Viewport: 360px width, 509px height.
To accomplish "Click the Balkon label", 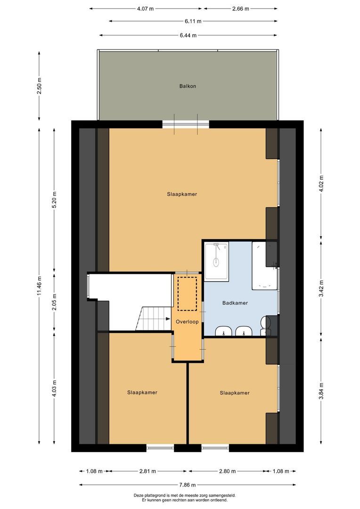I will [x=187, y=86].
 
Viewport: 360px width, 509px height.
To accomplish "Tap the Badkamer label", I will [x=235, y=303].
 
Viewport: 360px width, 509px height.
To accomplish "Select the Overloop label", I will [x=188, y=321].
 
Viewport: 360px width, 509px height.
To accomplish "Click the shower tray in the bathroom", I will [x=216, y=261].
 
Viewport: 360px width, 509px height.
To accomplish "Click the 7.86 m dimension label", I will [x=187, y=484].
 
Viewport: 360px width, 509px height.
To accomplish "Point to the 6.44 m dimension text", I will [x=187, y=35].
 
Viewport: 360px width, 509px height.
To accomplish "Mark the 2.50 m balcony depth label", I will [x=40, y=86].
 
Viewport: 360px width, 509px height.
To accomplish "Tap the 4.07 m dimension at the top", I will [x=145, y=8].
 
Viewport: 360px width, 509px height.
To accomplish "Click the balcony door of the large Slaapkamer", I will [x=186, y=124].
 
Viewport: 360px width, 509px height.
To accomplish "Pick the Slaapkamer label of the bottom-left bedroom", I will [x=142, y=392].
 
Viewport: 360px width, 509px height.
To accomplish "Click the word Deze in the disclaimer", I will [x=138, y=495].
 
